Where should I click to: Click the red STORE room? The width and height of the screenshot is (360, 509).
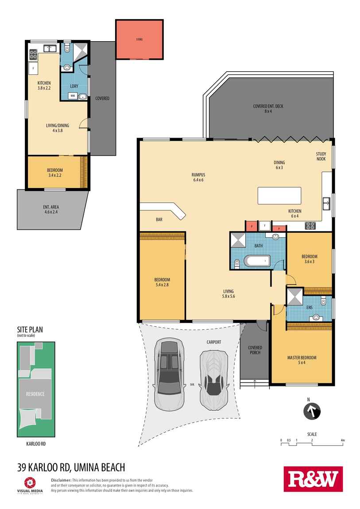pyautogui.click(x=139, y=39)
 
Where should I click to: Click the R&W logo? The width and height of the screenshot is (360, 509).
pyautogui.click(x=313, y=479)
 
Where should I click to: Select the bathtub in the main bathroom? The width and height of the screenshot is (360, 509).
pyautogui.click(x=257, y=261)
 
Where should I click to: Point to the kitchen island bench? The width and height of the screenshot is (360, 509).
pyautogui.click(x=279, y=196)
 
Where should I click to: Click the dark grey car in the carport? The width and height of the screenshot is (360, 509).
pyautogui.click(x=168, y=374)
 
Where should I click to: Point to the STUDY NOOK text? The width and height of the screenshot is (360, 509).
pyautogui.click(x=321, y=156)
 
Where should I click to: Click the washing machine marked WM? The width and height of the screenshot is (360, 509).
pyautogui.click(x=72, y=96)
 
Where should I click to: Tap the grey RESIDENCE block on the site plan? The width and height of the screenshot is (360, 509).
pyautogui.click(x=35, y=394)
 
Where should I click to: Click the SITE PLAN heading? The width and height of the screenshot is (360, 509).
pyautogui.click(x=30, y=330)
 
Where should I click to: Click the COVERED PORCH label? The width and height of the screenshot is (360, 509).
pyautogui.click(x=255, y=350)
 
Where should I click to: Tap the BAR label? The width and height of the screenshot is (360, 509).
pyautogui.click(x=159, y=219)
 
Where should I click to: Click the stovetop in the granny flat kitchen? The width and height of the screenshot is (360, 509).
pyautogui.click(x=33, y=55)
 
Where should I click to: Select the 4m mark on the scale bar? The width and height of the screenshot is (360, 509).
pyautogui.click(x=343, y=440)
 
